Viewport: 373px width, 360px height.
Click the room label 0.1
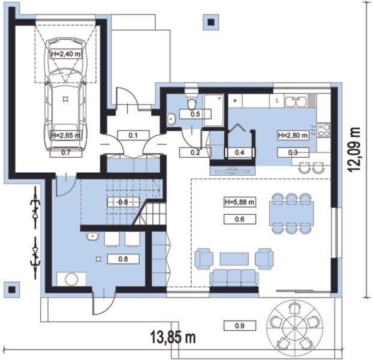tap(133, 136)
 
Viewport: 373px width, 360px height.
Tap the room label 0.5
tap(195, 114)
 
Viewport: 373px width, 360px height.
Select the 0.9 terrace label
tap(240, 325)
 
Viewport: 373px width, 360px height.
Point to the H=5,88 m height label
tap(239, 202)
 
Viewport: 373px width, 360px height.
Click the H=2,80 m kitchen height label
tap(293, 136)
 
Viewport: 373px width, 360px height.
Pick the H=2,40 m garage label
tap(66, 54)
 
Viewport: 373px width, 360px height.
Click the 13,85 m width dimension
tap(173, 337)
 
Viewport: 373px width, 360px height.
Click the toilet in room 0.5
tap(191, 101)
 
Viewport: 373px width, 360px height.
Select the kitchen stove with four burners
tap(324, 130)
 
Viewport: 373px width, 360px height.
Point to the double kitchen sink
tap(296, 101)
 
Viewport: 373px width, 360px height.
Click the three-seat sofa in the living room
tap(234, 278)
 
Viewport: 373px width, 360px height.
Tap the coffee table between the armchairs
tap(234, 259)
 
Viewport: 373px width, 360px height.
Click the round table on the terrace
tap(294, 328)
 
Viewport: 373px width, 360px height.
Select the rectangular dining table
tap(291, 214)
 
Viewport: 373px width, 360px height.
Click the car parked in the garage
tap(65, 94)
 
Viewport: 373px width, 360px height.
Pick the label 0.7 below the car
tap(66, 152)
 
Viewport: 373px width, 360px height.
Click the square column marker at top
tap(211, 22)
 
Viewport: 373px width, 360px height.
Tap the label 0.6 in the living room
tap(240, 219)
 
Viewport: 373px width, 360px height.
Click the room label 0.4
tap(239, 152)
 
